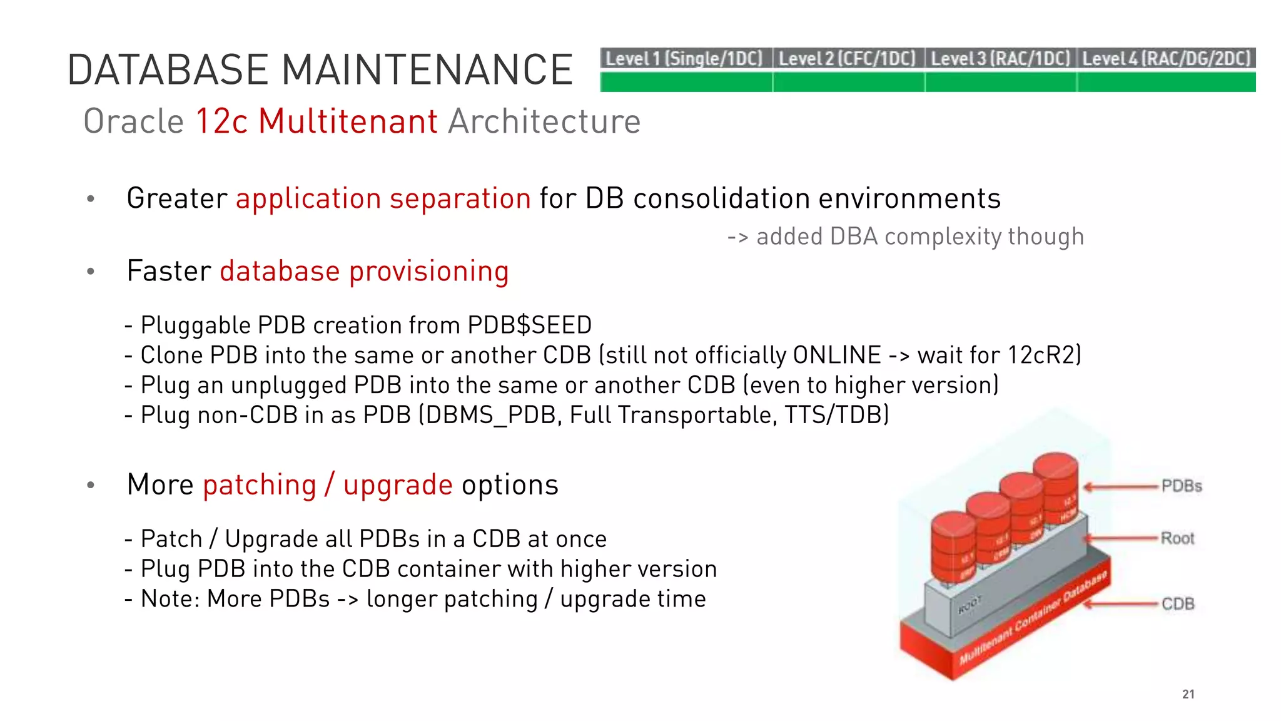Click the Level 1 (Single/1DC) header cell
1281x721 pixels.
(x=685, y=59)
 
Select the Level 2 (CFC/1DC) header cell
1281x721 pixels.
(x=848, y=59)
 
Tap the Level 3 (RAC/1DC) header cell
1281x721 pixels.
(x=1000, y=59)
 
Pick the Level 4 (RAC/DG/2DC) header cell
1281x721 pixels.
(x=1167, y=59)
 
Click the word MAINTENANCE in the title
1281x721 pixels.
(x=427, y=69)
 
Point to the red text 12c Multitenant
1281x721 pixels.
(x=316, y=121)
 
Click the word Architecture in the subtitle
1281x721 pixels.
(x=544, y=121)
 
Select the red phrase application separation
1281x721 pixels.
(x=383, y=199)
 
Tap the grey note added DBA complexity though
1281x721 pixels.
(x=919, y=237)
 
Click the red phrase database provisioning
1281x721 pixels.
(x=364, y=272)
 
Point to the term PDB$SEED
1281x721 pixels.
(x=529, y=325)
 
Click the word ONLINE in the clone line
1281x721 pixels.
(x=837, y=355)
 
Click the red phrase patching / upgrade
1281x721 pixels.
(x=328, y=485)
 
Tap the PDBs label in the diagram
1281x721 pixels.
(x=1182, y=486)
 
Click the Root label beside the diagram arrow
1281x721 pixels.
(x=1177, y=538)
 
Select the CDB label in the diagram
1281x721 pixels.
(x=1178, y=604)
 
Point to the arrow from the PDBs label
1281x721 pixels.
(x=1121, y=487)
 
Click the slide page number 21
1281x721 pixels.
(x=1188, y=694)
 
